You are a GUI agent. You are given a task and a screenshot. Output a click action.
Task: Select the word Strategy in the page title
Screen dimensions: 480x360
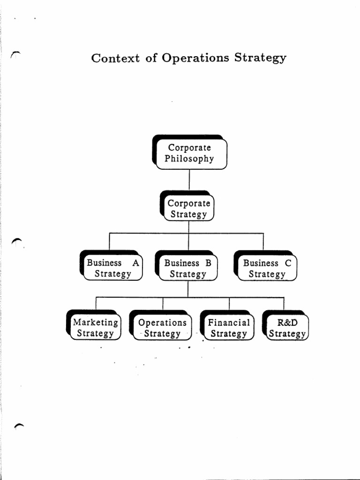260,59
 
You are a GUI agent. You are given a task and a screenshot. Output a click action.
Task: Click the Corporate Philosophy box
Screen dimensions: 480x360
189,153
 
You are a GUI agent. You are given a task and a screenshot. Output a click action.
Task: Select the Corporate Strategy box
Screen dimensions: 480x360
188,209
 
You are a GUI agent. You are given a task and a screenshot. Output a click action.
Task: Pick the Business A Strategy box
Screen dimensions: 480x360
112,268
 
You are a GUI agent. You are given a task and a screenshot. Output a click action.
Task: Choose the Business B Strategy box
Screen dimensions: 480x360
188,268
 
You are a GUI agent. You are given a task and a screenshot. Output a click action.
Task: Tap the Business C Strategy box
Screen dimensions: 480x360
267,268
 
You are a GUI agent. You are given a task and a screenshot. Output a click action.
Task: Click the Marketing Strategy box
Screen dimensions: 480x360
95,328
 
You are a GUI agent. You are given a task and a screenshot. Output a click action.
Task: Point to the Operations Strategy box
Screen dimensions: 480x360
162,328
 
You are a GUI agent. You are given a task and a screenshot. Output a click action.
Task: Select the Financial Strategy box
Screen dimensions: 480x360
229,328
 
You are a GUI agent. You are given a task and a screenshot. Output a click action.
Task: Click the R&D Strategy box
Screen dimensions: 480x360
287,328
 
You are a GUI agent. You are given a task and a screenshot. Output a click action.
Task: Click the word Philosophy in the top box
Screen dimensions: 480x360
189,159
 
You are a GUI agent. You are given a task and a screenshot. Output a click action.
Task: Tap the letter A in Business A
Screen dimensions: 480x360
135,263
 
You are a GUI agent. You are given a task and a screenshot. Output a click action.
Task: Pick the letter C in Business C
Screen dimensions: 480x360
288,263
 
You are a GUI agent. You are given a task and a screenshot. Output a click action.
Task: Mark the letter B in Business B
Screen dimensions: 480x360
208,263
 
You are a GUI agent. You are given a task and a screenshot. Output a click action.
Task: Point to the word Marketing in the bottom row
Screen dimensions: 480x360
95,322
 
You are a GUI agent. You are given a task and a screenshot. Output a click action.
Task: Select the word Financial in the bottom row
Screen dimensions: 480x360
229,322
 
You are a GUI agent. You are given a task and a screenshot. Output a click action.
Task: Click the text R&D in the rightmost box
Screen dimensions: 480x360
287,322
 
